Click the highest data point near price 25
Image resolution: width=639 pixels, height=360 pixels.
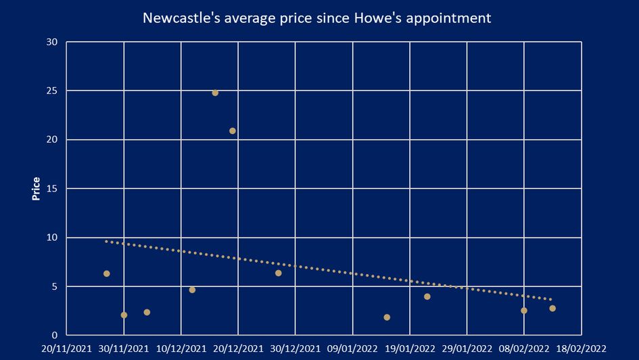[x=215, y=93]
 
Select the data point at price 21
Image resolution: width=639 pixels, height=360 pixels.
[x=233, y=131]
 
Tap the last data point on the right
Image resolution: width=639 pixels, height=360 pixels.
[x=552, y=309]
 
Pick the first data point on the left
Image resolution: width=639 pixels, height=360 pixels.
[x=106, y=273]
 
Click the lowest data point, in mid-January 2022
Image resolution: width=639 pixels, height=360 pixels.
[x=387, y=317]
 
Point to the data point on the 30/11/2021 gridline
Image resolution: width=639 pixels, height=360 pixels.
[x=124, y=315]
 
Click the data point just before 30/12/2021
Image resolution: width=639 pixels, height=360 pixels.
[x=278, y=273]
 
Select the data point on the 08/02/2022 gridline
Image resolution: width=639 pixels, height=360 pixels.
[x=524, y=311]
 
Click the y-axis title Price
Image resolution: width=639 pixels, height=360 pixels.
[x=37, y=189]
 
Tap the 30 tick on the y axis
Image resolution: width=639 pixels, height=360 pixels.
[x=52, y=42]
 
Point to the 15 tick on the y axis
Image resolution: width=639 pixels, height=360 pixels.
[x=52, y=189]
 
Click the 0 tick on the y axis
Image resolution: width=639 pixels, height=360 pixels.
[x=55, y=336]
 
